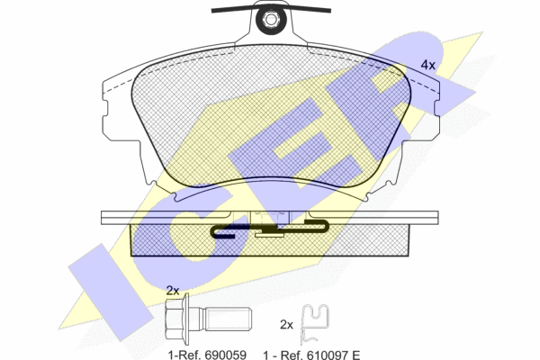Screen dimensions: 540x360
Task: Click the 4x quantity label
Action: (428, 65)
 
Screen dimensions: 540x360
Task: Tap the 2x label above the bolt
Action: (173, 291)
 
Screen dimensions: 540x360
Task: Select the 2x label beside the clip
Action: (286, 325)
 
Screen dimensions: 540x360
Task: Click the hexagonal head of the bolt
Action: (175, 319)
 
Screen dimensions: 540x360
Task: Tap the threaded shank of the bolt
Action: (229, 319)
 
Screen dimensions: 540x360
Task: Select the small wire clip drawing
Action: (314, 324)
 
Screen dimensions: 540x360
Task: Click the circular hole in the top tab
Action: (269, 19)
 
